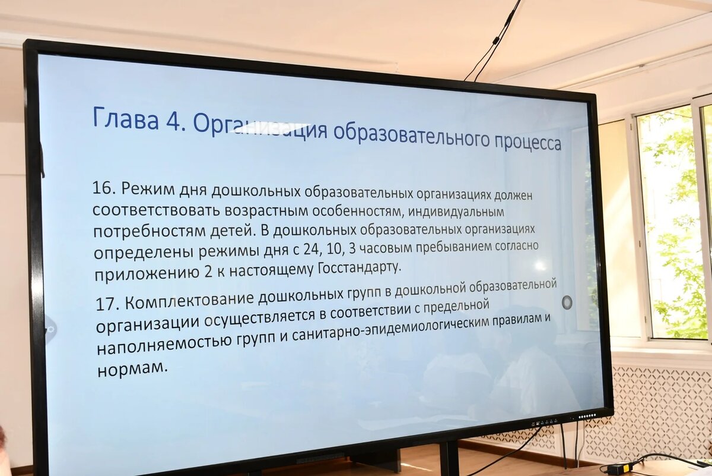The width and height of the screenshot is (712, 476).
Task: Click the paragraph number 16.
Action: pos(103,189)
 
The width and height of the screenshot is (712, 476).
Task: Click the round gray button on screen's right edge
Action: pos(567,302)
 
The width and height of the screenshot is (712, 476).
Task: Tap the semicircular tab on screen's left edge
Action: pos(51,329)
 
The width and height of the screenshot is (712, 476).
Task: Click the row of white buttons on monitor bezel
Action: pos(587,416)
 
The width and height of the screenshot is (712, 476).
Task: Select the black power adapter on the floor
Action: pos(618,468)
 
